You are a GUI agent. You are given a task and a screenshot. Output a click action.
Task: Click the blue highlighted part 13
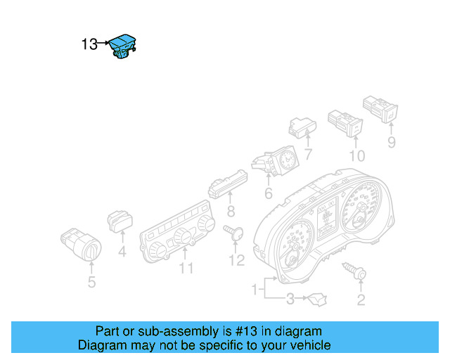[124, 46]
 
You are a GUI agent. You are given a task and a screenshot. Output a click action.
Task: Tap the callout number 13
[89, 44]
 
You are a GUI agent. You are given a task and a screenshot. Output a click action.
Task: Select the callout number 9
[392, 143]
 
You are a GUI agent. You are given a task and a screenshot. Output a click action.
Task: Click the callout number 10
[357, 155]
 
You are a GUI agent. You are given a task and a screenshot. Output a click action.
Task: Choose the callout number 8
[231, 212]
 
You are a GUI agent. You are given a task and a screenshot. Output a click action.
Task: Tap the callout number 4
[122, 250]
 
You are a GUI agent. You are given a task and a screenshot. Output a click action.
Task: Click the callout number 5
[91, 283]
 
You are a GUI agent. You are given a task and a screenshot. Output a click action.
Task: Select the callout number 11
[186, 268]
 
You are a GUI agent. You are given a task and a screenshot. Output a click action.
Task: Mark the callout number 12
[236, 261]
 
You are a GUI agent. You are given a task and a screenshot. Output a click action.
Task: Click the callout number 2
[361, 301]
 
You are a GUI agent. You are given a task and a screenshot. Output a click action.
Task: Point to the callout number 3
[290, 300]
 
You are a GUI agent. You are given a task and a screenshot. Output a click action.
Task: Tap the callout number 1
[255, 289]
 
